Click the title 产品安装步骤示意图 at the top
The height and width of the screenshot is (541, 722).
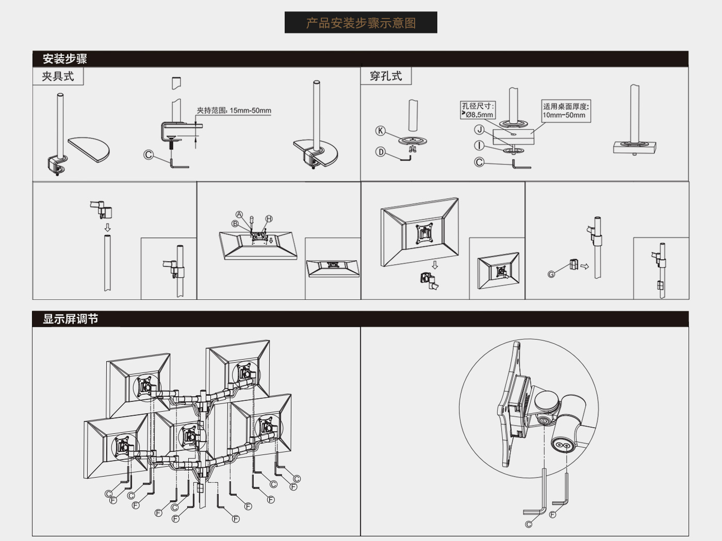[361, 23]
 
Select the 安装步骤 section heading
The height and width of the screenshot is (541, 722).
[65, 59]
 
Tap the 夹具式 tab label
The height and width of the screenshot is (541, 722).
[58, 77]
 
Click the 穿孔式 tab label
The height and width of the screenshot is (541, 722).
[386, 76]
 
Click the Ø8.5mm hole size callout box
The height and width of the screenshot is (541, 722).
[478, 110]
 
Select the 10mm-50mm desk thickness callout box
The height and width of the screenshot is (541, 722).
[566, 111]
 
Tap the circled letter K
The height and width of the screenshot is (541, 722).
[380, 131]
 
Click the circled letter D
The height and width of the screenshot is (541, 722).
[380, 152]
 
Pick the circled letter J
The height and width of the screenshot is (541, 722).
[479, 130]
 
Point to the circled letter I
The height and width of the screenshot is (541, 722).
[479, 145]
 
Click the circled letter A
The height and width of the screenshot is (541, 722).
[239, 214]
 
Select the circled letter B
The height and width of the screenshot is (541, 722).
[235, 224]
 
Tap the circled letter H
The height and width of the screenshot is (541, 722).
[269, 218]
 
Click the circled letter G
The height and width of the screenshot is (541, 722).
[551, 274]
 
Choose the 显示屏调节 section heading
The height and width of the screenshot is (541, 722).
[70, 319]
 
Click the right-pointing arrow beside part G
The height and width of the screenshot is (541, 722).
[584, 266]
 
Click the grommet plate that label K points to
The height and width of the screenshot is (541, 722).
[413, 141]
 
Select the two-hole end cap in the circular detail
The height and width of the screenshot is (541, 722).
[563, 445]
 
